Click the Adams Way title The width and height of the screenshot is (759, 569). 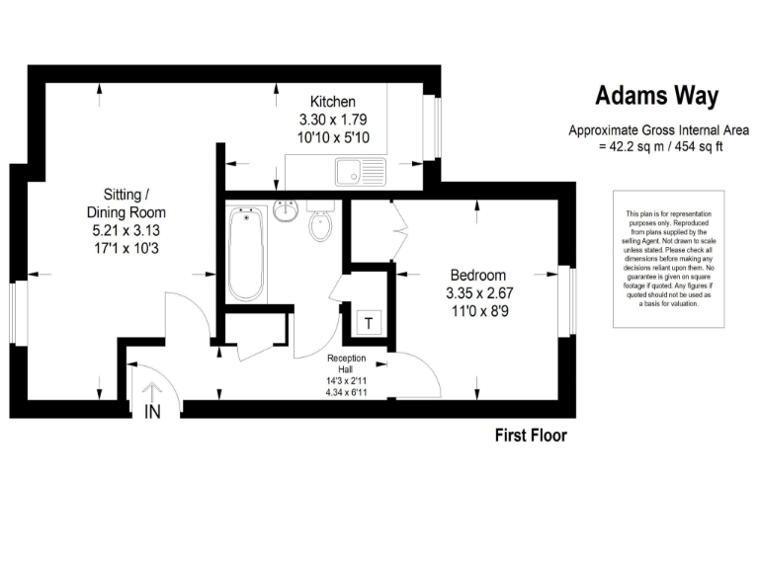click(x=656, y=96)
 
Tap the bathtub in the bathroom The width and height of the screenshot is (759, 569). click(x=246, y=253)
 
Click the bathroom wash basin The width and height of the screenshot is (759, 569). click(x=286, y=211)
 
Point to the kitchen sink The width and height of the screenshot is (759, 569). click(x=360, y=174)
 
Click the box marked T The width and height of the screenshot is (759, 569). click(x=369, y=323)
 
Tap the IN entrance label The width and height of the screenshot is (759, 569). click(x=153, y=411)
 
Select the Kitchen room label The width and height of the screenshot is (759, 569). click(x=333, y=102)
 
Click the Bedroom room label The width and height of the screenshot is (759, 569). click(x=478, y=275)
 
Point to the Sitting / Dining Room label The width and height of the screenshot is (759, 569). click(x=126, y=203)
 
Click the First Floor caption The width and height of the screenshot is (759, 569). click(x=531, y=436)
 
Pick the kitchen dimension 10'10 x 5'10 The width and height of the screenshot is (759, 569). click(x=333, y=137)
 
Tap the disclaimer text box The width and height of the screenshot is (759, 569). click(x=669, y=259)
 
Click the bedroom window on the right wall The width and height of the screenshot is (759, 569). click(x=566, y=299)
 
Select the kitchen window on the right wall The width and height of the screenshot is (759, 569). click(x=430, y=126)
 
